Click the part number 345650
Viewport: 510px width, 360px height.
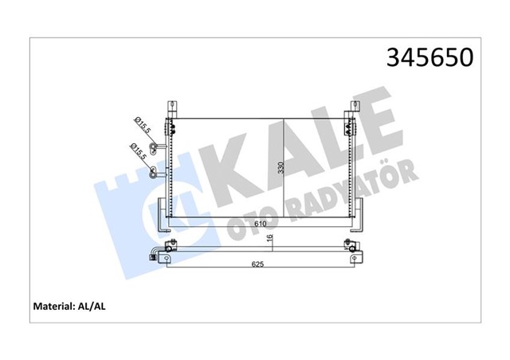(430, 57)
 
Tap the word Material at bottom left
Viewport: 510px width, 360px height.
(54, 306)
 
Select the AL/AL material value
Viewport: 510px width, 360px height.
(92, 306)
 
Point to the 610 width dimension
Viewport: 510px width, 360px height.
(261, 224)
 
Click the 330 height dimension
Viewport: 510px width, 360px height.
(281, 168)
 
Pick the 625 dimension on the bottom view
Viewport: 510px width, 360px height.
(257, 264)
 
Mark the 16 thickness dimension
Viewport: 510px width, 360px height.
(270, 238)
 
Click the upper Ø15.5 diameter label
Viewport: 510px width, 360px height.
(143, 126)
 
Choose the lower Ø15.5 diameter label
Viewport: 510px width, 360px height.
(139, 151)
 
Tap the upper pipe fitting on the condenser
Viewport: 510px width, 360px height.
(158, 146)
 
